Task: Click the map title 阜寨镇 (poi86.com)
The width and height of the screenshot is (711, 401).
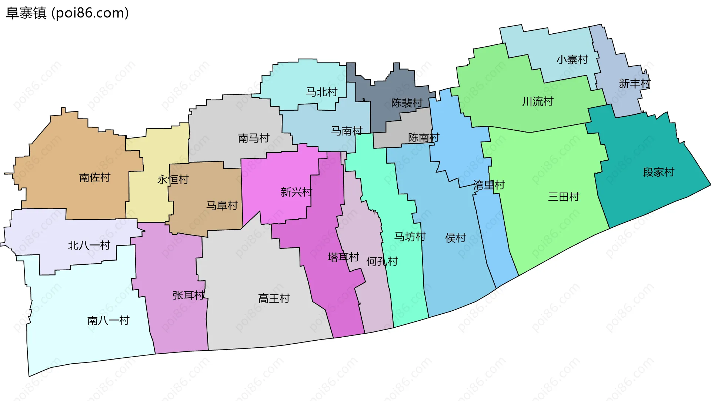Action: click(67, 13)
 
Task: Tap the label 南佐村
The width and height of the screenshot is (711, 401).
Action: click(95, 177)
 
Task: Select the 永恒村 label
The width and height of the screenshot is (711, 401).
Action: click(173, 180)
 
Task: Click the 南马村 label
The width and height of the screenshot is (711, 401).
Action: click(254, 138)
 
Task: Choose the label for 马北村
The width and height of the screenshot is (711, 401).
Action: click(321, 92)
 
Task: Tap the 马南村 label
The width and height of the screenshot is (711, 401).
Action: click(346, 131)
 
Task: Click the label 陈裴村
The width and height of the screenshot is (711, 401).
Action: click(407, 103)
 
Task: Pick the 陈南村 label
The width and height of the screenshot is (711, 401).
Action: click(424, 137)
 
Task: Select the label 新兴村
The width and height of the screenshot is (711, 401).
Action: click(296, 192)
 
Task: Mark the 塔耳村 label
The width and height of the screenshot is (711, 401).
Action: click(343, 257)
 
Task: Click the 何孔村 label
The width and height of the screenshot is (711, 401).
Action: click(382, 261)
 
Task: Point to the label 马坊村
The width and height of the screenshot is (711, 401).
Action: click(410, 236)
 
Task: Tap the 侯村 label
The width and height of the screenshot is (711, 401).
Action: click(455, 238)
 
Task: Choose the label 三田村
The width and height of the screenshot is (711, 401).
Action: click(564, 197)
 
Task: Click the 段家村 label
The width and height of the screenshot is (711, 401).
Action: click(658, 172)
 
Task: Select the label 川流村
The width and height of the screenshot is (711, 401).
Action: click(538, 101)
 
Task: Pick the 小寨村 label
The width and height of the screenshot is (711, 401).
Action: click(572, 59)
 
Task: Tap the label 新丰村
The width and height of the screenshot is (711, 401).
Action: click(634, 83)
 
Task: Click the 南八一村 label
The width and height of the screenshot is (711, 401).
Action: click(109, 320)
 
